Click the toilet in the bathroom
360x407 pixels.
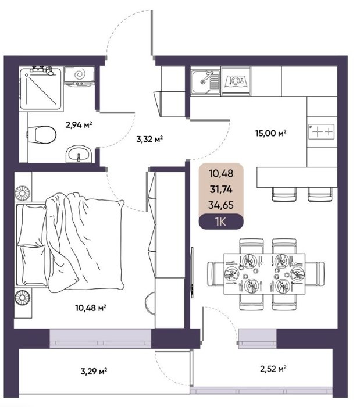[41, 135]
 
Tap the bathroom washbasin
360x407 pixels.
[79, 154]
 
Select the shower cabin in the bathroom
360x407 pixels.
[41, 88]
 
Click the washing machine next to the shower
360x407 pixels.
[79, 76]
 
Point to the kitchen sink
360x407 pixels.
[206, 82]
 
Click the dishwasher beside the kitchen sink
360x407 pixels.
[236, 81]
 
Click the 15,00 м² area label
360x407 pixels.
[270, 133]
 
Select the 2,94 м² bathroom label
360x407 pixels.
[79, 125]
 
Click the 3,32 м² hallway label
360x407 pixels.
[149, 140]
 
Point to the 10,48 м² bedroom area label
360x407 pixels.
[91, 308]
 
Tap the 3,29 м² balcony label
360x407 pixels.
[94, 371]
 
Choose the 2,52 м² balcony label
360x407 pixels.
[273, 369]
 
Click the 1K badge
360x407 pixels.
[221, 222]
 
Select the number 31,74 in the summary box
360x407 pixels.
[221, 190]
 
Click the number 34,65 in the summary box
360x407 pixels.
[221, 205]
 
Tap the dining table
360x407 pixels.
[265, 274]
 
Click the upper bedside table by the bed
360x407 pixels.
[23, 187]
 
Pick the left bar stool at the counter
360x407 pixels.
[284, 194]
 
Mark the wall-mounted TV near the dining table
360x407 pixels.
[192, 273]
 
